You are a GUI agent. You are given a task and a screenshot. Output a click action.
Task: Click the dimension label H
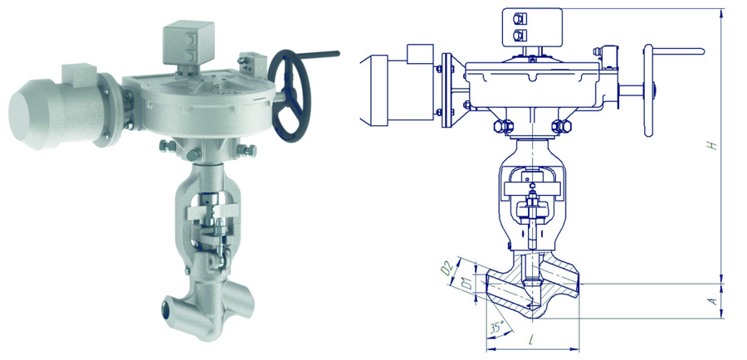(x=713, y=144)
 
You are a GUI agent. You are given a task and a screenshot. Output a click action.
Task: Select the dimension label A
(x=713, y=300)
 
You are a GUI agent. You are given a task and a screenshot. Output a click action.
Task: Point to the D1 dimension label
(x=467, y=285)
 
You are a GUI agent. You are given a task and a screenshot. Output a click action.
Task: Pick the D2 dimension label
(x=447, y=269)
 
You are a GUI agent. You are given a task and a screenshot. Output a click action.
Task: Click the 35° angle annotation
(x=496, y=328)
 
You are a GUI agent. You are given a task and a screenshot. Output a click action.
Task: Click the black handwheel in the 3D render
(x=289, y=95)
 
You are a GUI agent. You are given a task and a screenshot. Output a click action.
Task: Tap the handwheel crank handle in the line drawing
(x=678, y=51)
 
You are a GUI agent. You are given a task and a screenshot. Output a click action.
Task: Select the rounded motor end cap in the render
(x=27, y=114)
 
